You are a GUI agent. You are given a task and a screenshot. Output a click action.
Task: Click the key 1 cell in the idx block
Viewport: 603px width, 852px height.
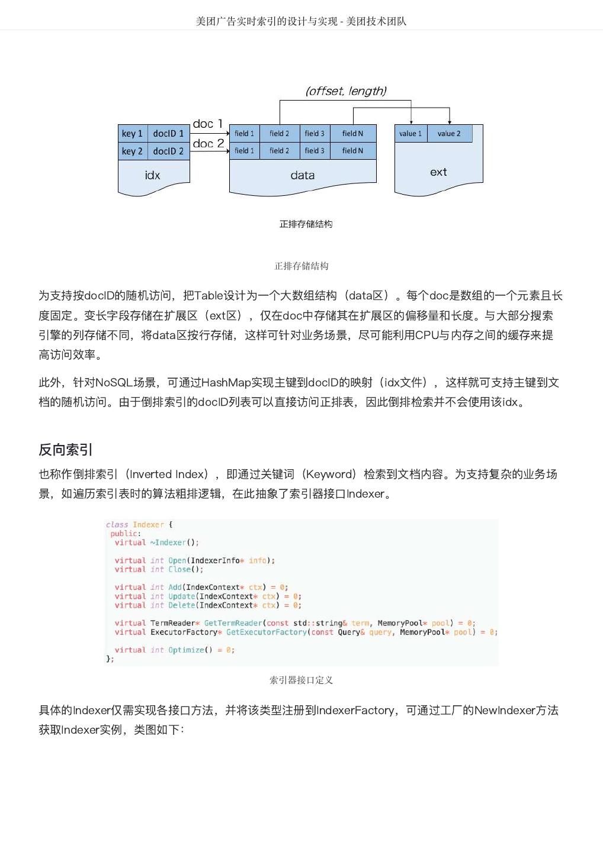pyautogui.click(x=132, y=134)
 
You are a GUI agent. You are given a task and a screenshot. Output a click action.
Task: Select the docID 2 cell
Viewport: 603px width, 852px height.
pyautogui.click(x=168, y=151)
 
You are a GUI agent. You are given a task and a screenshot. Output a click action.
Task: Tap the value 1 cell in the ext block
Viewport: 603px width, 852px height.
pyautogui.click(x=410, y=134)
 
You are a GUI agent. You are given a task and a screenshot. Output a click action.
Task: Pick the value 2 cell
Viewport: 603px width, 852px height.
pyautogui.click(x=449, y=134)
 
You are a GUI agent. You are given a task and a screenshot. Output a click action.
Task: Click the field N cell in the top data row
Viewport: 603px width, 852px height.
pyautogui.click(x=352, y=134)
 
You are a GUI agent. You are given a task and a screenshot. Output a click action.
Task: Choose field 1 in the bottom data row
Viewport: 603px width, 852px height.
pyautogui.click(x=244, y=151)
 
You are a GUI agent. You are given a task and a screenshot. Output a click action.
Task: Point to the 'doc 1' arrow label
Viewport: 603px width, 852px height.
pyautogui.click(x=207, y=124)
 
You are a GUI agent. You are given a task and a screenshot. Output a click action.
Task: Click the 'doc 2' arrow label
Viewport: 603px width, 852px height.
pyautogui.click(x=208, y=143)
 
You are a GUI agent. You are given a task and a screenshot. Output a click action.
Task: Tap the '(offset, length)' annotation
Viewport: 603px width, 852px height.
pyautogui.click(x=346, y=91)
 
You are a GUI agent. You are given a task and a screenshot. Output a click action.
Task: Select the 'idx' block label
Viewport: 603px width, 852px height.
pyautogui.click(x=152, y=175)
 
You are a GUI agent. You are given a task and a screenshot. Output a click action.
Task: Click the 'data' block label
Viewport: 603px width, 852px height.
pyautogui.click(x=302, y=175)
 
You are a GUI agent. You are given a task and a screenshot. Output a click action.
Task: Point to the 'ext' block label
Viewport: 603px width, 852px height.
pyautogui.click(x=438, y=172)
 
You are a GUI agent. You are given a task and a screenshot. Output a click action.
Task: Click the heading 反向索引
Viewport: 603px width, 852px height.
pyautogui.click(x=65, y=450)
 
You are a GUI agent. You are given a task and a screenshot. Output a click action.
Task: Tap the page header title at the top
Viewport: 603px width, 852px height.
pyautogui.click(x=301, y=21)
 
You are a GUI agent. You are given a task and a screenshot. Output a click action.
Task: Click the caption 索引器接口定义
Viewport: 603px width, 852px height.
pyautogui.click(x=301, y=680)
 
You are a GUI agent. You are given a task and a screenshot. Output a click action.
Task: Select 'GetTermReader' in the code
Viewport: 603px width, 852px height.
pyautogui.click(x=232, y=623)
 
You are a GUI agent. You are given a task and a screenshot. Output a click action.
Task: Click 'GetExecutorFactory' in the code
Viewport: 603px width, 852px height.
pyautogui.click(x=267, y=632)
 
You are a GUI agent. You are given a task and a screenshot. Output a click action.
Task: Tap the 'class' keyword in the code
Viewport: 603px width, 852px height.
pyautogui.click(x=117, y=525)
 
